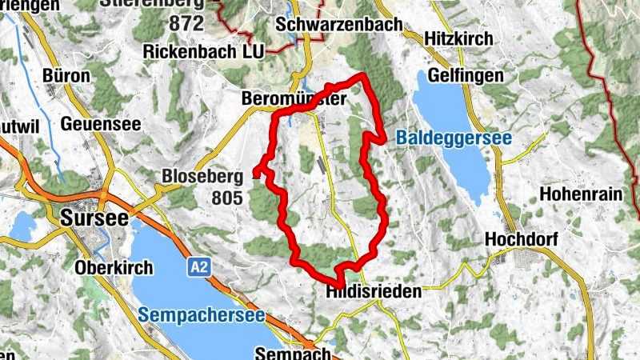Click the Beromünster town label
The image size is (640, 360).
point(293,100)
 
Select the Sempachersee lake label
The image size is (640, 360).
point(201,315)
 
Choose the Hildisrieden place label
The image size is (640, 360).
point(374,293)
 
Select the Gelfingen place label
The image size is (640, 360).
point(465,76)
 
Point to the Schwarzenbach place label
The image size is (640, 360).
point(338,25)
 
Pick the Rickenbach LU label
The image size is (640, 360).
point(203,50)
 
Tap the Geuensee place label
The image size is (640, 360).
point(100,124)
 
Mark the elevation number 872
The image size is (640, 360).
point(186,23)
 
